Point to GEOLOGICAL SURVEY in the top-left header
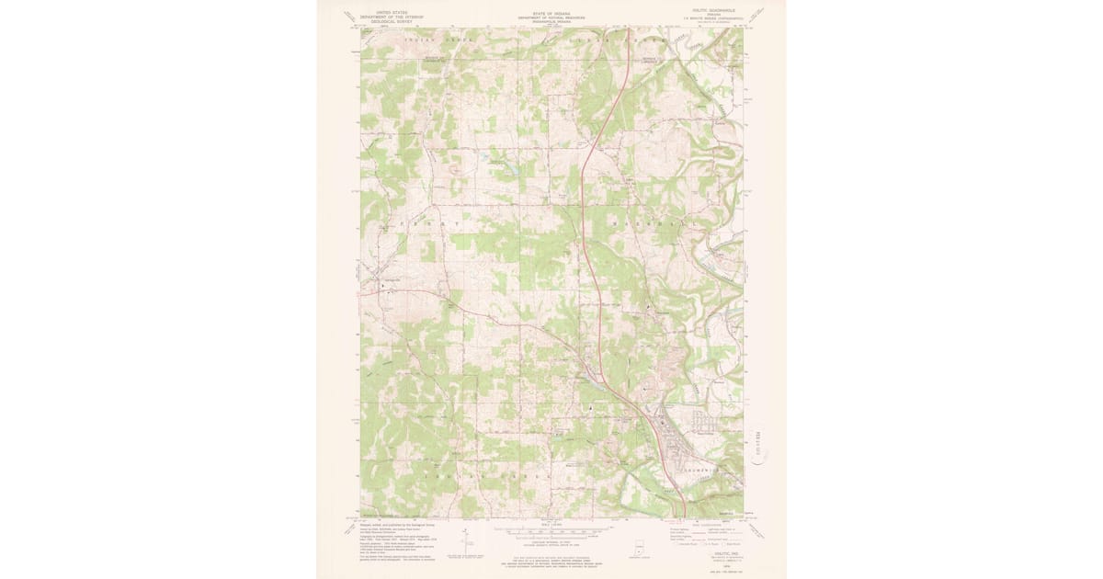385,20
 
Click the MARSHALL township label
643,223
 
